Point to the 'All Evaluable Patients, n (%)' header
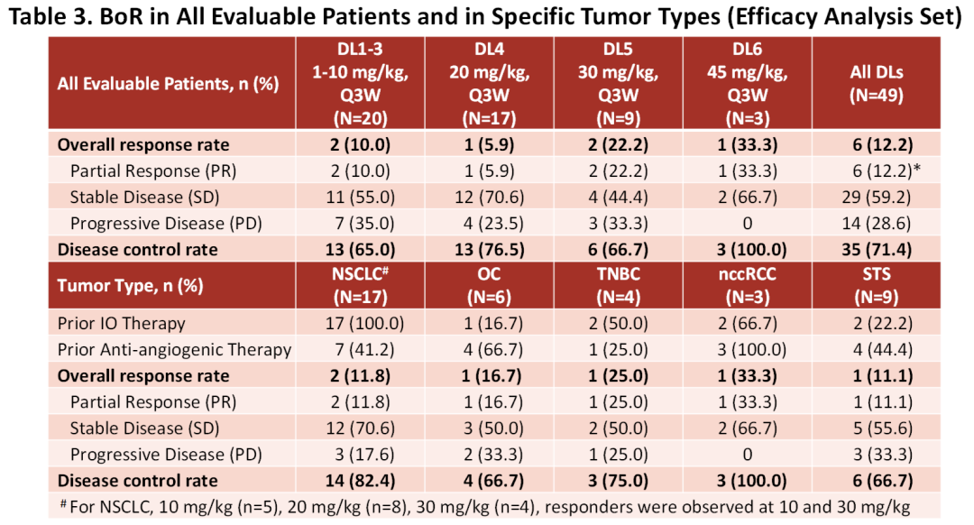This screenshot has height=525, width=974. pos(168,84)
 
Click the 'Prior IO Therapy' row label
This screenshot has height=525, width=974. pos(121,323)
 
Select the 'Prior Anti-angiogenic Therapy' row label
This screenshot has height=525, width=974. pos(174,349)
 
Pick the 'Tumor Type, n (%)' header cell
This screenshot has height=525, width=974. pos(131,286)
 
